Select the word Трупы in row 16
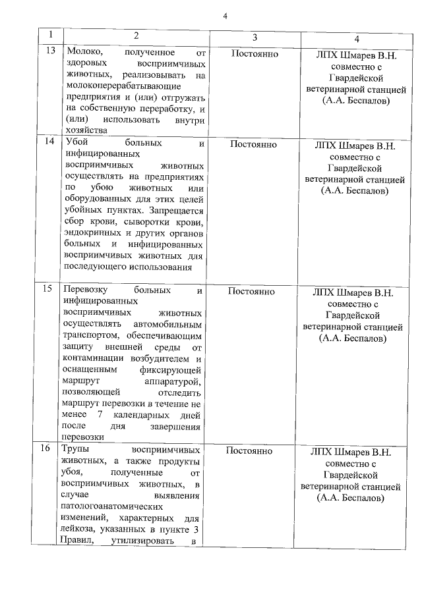77,449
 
